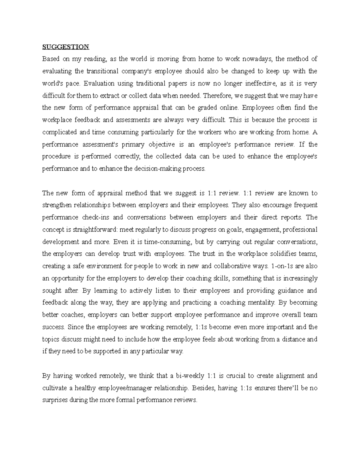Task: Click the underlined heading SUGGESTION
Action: click(x=66, y=47)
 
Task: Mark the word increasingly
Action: click(x=300, y=278)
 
